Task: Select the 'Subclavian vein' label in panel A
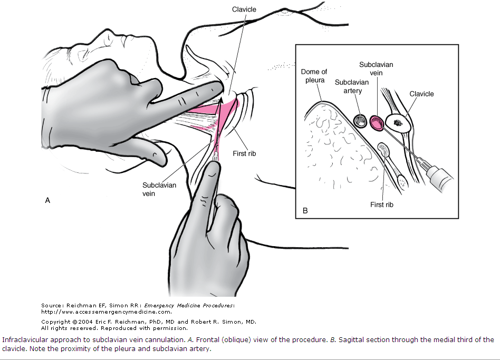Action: coord(159,189)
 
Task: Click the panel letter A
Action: coord(47,200)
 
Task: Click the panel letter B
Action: coord(305,211)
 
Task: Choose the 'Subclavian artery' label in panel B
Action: coord(348,86)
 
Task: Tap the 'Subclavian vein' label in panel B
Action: coord(376,69)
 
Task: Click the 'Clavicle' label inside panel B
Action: coord(421,94)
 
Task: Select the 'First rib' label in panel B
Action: coord(381,204)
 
